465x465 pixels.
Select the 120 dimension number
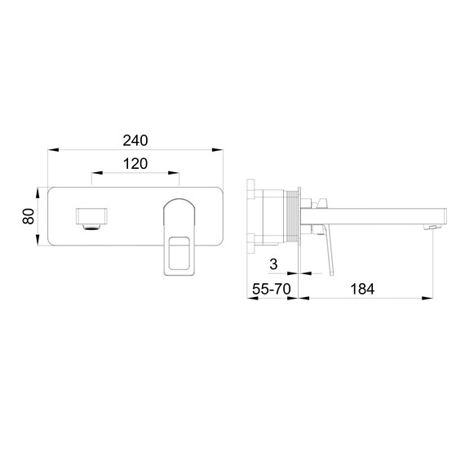(x=135, y=163)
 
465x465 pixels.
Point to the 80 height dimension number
(x=28, y=216)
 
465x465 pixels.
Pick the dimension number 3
(x=273, y=263)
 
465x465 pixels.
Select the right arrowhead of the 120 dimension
(x=175, y=173)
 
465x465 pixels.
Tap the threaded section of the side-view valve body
(x=290, y=216)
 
